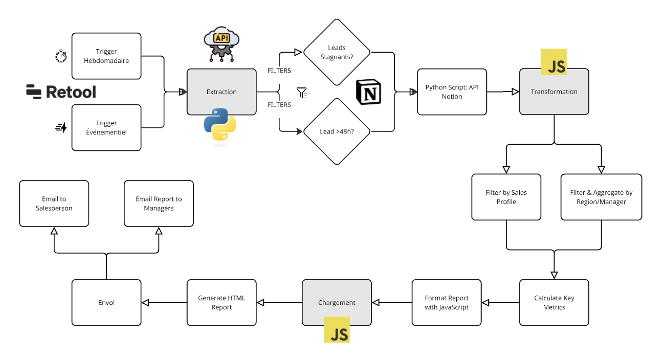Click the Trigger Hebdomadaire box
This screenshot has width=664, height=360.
click(x=106, y=56)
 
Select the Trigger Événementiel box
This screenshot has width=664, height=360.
click(x=106, y=128)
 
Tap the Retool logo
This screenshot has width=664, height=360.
click(x=61, y=92)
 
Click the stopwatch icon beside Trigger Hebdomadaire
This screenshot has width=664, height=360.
click(x=61, y=56)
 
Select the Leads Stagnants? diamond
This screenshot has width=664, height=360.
click(x=337, y=52)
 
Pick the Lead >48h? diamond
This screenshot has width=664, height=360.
click(x=337, y=131)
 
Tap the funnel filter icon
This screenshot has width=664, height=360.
click(x=302, y=93)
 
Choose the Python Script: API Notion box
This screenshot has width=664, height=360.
click(x=451, y=92)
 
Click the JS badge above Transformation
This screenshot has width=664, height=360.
click(x=554, y=62)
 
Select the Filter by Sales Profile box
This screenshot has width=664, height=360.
click(x=506, y=197)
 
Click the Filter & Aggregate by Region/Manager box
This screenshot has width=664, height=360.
click(x=601, y=197)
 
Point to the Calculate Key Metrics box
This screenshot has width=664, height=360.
click(x=554, y=303)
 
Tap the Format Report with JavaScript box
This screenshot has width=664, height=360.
click(x=447, y=303)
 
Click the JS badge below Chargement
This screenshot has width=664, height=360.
click(x=337, y=329)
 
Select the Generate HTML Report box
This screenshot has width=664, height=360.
click(x=222, y=303)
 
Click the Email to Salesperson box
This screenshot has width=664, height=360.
click(x=54, y=204)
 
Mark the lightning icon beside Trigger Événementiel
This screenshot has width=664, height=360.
click(x=61, y=128)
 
